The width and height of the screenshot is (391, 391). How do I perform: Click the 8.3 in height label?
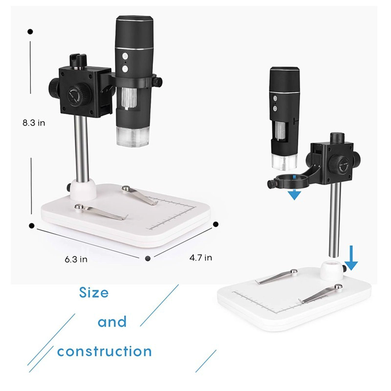(34, 123)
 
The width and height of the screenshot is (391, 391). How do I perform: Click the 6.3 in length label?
(76, 260)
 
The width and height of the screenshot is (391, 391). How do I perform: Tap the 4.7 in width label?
(201, 258)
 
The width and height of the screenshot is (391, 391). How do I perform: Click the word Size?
(94, 293)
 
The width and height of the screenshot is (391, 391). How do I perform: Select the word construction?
(105, 351)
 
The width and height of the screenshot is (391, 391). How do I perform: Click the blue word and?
(112, 322)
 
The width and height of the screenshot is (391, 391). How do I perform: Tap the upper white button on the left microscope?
(125, 56)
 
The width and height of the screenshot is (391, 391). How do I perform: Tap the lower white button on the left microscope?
(125, 68)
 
